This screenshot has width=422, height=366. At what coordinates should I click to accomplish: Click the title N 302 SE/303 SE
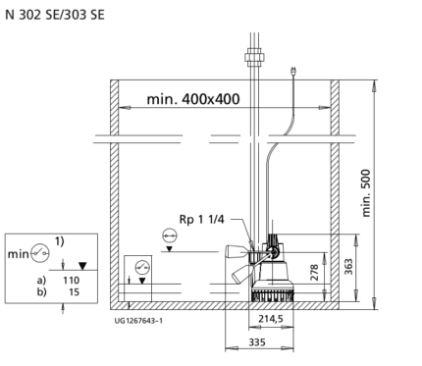(55, 15)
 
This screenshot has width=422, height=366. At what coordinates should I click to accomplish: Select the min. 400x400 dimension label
(193, 99)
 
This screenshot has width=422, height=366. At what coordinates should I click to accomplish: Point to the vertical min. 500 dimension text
(366, 192)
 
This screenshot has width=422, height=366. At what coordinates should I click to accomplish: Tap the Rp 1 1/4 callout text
(201, 219)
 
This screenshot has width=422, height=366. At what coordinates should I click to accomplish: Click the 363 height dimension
(348, 267)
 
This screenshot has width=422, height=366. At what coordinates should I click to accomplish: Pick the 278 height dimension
(314, 272)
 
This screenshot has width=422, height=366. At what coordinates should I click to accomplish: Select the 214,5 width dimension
(271, 319)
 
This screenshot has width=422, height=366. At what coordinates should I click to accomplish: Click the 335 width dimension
(257, 342)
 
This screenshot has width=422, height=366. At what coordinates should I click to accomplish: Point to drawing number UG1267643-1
(138, 321)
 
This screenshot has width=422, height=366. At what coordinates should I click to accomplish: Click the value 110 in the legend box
(72, 281)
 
